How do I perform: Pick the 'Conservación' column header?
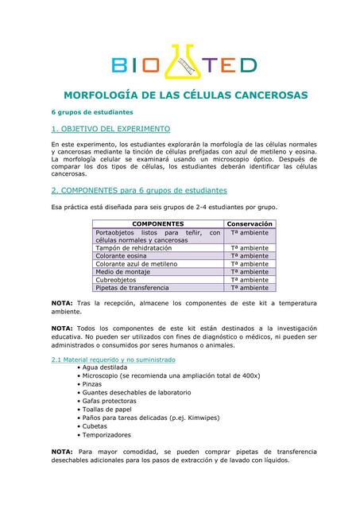(x=249, y=224)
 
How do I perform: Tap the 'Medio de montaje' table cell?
(x=122, y=272)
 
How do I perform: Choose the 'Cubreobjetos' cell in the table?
(x=116, y=280)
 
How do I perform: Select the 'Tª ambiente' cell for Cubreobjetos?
(x=249, y=280)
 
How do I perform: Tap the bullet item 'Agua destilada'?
(x=104, y=368)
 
